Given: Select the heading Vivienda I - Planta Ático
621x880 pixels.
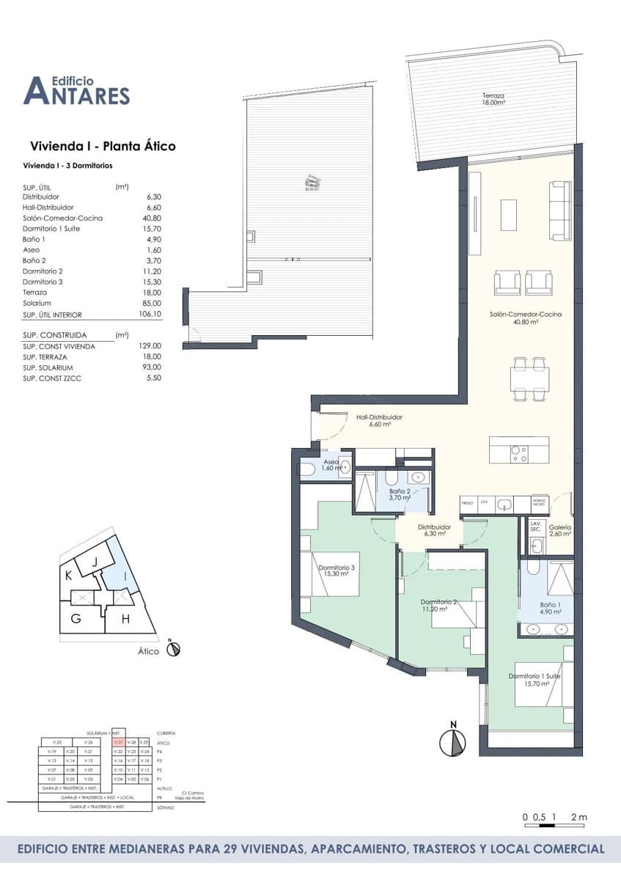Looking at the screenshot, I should (103, 146).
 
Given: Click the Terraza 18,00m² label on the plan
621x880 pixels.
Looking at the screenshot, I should (493, 99).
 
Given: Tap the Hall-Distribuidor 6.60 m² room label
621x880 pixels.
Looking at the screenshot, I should (379, 421).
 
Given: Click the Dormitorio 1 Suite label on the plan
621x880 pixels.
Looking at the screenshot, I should (534, 680).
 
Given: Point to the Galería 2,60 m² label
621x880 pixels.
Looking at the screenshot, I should (559, 531).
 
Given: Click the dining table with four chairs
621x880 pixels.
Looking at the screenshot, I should (529, 378).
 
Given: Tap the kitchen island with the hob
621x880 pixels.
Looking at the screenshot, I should (518, 450).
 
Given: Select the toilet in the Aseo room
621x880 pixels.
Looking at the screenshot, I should (307, 469).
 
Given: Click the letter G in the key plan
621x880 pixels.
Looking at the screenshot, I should (76, 618).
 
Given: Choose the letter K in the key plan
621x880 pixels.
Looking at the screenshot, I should (68, 573).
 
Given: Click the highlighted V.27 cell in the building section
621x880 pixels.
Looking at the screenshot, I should (117, 743).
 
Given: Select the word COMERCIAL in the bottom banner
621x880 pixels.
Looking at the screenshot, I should (562, 849).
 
